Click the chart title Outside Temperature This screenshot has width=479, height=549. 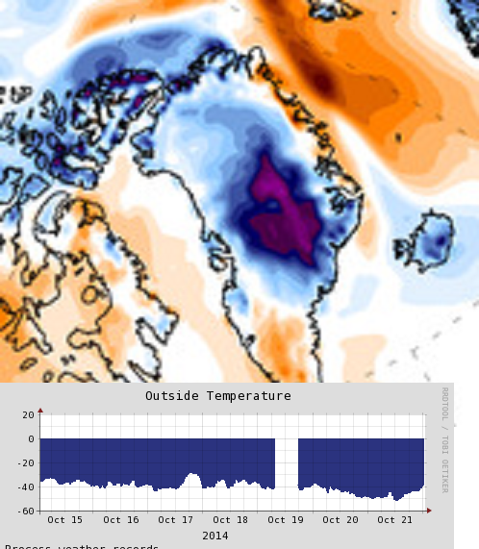coord(217,396)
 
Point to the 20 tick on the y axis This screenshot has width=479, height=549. coord(28,415)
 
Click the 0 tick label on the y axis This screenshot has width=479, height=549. coord(32,439)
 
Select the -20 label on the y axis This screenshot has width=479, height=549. coord(25,463)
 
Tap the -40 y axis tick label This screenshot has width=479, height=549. coord(25,487)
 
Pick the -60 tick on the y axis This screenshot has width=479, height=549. coord(25,512)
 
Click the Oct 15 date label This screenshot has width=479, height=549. coord(65,520)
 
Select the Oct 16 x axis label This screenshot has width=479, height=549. coord(120,520)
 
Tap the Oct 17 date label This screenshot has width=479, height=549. coord(175,520)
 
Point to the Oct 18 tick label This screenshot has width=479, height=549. coord(230,520)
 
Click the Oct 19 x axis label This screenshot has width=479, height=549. coord(285,520)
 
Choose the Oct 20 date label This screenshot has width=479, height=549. coord(340,520)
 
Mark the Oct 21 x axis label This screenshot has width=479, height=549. coord(394,520)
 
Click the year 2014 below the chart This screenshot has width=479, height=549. coord(215,536)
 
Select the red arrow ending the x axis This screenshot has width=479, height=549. coord(428,512)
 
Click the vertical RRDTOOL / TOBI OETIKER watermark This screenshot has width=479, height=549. coord(444,439)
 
